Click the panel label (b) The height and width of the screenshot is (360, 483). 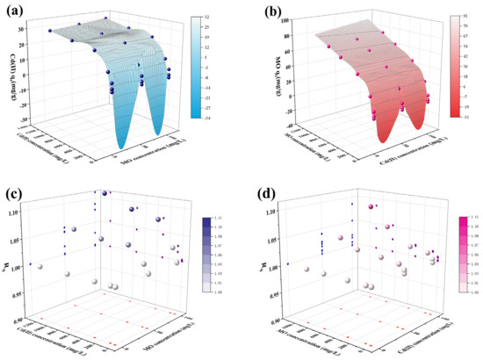tap(256, 12)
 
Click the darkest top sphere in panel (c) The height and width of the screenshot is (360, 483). tap(105, 194)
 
